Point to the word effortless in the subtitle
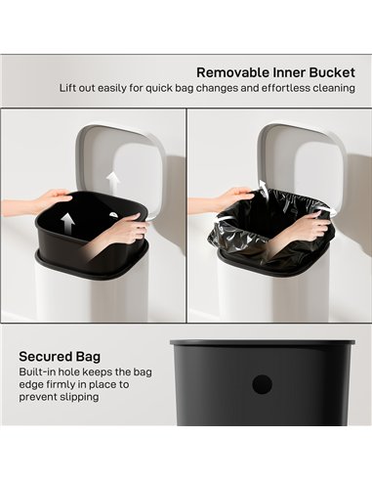(272, 89)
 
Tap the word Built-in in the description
(38, 373)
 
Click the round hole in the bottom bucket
(261, 384)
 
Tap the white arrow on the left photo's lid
(114, 180)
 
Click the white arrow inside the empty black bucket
(68, 222)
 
